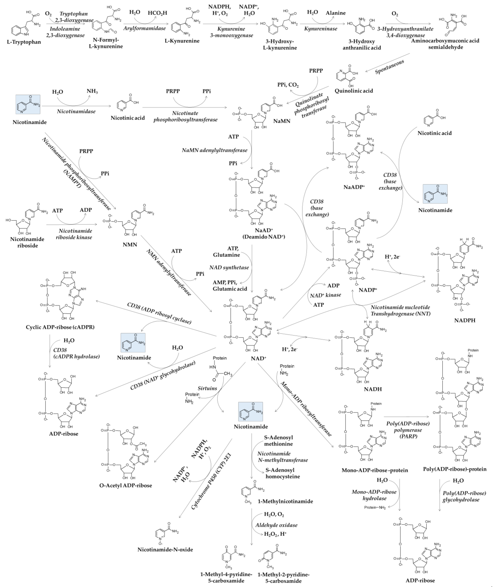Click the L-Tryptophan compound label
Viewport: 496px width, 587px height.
point(24,42)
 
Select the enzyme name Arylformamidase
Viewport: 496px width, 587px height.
point(144,28)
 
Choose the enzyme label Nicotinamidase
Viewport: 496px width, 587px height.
point(76,111)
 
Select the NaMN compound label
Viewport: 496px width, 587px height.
point(282,121)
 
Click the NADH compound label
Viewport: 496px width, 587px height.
point(373,389)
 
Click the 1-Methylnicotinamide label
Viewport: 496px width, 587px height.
point(285,501)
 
